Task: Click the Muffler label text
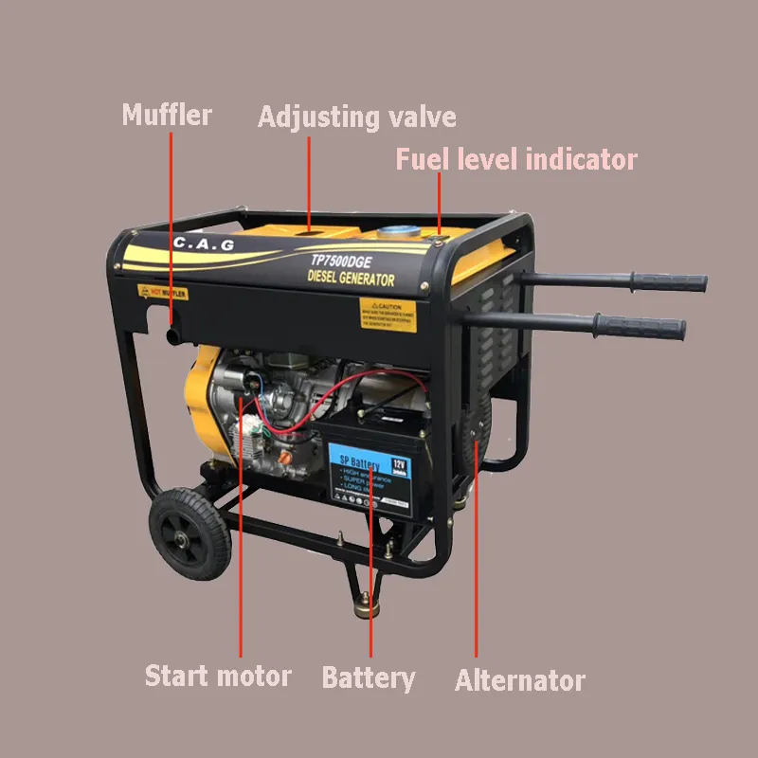pos(167,116)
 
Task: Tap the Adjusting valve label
pos(357,117)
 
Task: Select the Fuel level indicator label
pos(516,159)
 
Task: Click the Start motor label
pos(218,677)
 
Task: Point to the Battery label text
pos(368,677)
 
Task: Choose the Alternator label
pos(520,680)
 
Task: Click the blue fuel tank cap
pos(400,231)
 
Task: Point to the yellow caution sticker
pos(388,315)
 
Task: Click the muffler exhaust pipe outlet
pos(171,336)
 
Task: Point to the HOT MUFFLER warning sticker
pos(163,293)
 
